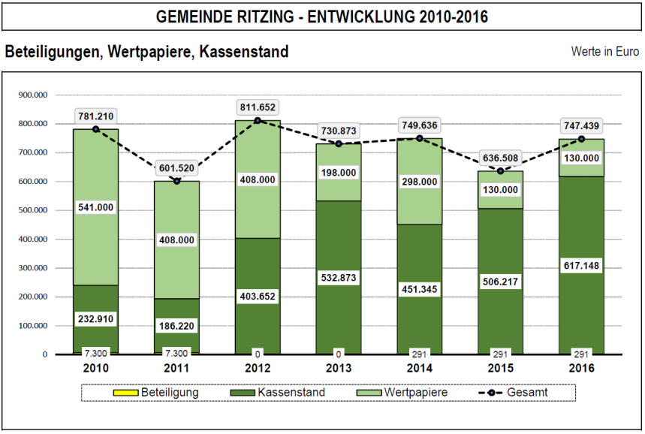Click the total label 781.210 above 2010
coord(95,116)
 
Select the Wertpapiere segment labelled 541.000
coord(95,207)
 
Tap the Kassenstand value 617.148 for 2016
coord(581,265)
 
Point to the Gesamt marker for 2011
coord(176,181)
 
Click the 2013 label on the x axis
coord(339,368)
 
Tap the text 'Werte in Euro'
coord(605,52)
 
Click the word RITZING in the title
coord(251,17)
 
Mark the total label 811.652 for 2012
coord(258,107)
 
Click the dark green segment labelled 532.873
coord(339,300)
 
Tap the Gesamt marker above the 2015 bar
coord(500,171)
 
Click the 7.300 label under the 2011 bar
coord(176,352)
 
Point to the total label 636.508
coord(500,158)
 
